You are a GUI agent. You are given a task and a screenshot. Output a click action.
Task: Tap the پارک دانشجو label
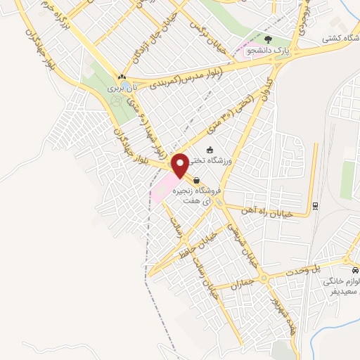coord(264,49)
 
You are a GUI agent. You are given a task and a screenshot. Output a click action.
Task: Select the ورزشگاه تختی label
coord(219,162)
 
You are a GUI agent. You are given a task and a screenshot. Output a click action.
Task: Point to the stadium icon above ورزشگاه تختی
coord(209,149)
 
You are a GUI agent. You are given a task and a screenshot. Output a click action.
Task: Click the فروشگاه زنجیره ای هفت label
coord(201,195)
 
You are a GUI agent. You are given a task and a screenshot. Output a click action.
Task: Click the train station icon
coord(315,206)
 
